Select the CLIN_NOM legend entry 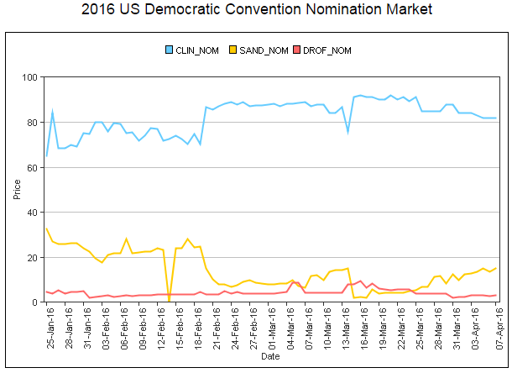[x=198, y=50]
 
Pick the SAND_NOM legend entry [x=264, y=50]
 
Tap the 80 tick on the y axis [x=33, y=123]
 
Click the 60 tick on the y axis [x=33, y=167]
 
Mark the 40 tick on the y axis [x=33, y=213]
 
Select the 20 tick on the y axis [x=33, y=257]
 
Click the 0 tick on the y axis [x=35, y=302]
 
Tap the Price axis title [x=17, y=190]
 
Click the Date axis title [x=270, y=356]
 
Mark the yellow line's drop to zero [x=169, y=301]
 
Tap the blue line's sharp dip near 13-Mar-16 [x=347, y=132]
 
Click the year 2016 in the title [x=99, y=10]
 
